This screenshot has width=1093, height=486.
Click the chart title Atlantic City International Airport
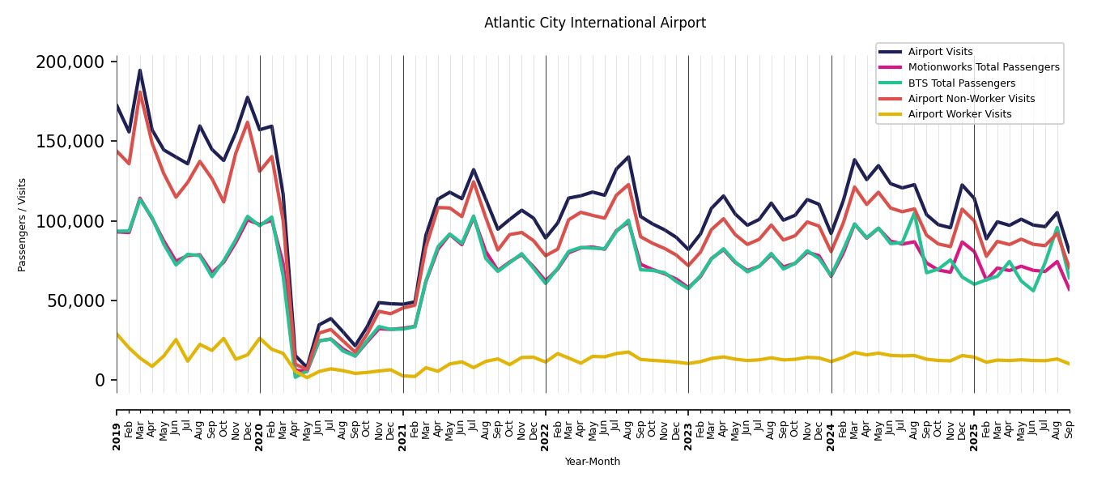[595, 23]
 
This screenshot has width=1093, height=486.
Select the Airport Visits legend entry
[940, 52]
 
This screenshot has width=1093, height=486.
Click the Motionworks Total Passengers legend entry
[983, 67]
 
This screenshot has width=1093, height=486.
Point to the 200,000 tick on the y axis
[70, 62]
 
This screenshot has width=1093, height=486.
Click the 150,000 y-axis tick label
[70, 142]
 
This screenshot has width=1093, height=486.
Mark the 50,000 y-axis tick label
[75, 301]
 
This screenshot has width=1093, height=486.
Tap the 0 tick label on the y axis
[100, 381]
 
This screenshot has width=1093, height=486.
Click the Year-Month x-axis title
[593, 462]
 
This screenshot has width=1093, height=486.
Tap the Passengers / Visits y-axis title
[23, 224]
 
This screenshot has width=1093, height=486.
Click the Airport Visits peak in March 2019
[140, 70]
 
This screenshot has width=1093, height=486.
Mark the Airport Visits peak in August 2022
[628, 157]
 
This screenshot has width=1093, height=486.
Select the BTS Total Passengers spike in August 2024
[914, 213]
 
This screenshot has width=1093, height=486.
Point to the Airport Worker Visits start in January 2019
[117, 334]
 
